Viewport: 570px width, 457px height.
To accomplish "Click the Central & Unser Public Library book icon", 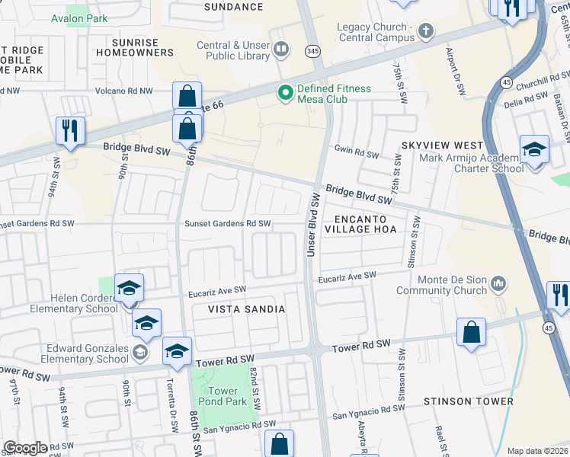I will [281, 50].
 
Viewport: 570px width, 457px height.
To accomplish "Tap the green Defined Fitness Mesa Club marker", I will [286, 94].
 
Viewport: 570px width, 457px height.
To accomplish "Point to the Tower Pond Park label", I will [228, 395].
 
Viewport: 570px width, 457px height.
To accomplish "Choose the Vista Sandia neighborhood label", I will [247, 309].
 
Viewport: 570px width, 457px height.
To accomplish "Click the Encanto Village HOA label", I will [360, 222].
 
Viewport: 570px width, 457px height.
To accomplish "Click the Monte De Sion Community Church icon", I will [498, 283].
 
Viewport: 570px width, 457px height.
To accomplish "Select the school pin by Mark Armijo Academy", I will [534, 149].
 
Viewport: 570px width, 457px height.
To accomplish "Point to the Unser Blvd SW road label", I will [312, 224].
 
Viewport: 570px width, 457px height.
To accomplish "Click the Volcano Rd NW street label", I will [123, 91].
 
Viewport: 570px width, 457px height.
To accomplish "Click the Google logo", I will [25, 448].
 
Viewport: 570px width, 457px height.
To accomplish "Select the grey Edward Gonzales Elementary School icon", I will [139, 352].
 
